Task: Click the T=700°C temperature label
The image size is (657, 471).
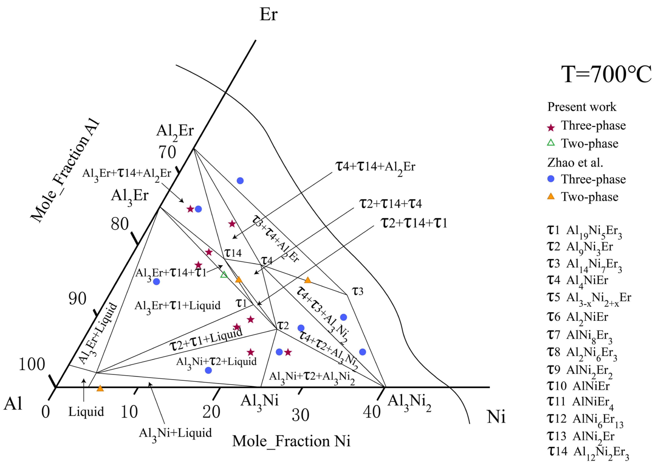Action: click(606, 74)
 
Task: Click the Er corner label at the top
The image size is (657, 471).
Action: click(268, 14)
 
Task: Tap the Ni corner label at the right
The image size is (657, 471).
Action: click(496, 417)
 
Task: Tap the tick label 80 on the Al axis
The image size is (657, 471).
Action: click(120, 224)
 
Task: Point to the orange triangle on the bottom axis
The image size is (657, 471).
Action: click(100, 388)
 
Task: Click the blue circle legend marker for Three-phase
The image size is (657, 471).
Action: click(551, 179)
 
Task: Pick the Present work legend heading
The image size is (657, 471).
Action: click(582, 107)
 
